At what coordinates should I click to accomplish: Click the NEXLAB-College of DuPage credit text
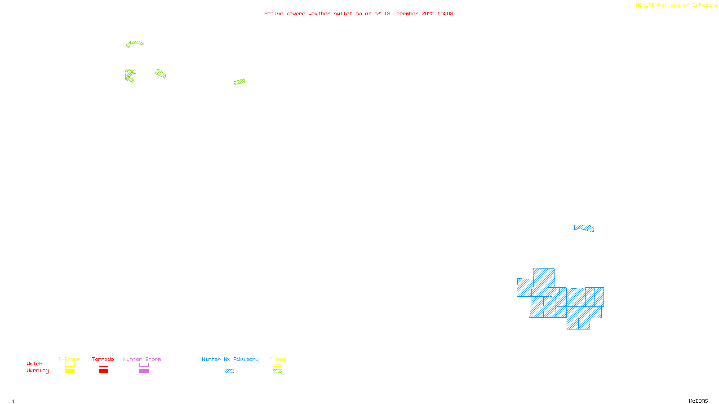point(674,5)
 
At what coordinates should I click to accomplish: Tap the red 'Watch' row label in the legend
point(35,364)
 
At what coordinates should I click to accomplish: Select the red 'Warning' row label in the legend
point(37,371)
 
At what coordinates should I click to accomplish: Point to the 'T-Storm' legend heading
point(69,359)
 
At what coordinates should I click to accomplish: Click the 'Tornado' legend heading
point(103,359)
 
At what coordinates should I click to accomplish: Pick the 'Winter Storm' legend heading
point(142,359)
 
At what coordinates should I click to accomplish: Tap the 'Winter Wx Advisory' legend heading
point(230,359)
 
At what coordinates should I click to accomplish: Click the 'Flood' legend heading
point(277,359)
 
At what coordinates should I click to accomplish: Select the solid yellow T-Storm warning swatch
point(70,371)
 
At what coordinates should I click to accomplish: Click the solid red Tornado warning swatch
point(104,371)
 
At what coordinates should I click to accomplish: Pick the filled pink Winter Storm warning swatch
point(144,371)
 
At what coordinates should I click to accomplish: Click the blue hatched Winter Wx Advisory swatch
point(229,371)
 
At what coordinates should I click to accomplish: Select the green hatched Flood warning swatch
point(277,371)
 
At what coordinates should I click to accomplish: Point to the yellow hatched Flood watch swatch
point(277,365)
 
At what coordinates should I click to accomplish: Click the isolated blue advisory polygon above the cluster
point(584,228)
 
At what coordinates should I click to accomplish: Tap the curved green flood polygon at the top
point(135,43)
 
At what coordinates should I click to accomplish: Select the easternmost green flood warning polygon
point(240,82)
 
